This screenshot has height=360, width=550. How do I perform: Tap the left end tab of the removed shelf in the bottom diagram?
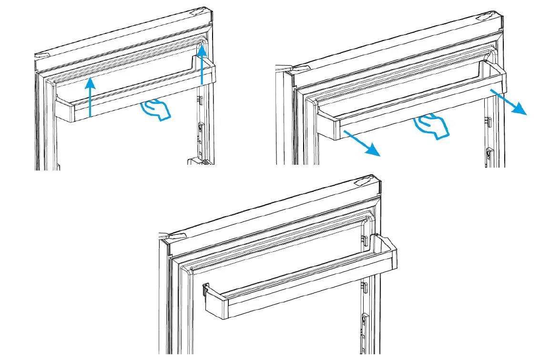(x=205, y=290)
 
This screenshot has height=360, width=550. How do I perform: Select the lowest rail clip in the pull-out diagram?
(x=489, y=154)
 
